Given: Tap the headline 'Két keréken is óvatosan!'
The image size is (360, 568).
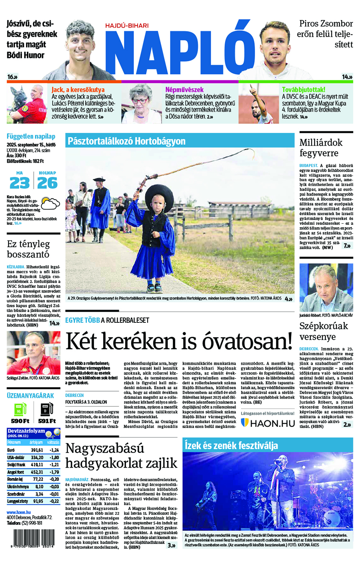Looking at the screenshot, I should pyautogui.click(x=179, y=341).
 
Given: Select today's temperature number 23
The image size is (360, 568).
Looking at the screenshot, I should pyautogui.click(x=20, y=183).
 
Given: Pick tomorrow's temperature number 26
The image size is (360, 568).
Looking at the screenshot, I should pyautogui.click(x=47, y=183).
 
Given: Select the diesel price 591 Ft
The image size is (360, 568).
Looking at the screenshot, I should pyautogui.click(x=47, y=421).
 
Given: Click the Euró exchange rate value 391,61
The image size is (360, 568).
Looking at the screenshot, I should pyautogui.click(x=37, y=450).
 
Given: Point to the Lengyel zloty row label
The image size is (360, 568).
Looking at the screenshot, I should pyautogui.click(x=18, y=501).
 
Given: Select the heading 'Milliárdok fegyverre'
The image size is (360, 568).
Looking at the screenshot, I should pyautogui.click(x=321, y=148).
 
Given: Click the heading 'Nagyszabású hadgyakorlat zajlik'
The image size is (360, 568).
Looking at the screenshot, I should pyautogui.click(x=121, y=456).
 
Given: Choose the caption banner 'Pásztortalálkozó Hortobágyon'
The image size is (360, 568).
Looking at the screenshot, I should pyautogui.click(x=126, y=141).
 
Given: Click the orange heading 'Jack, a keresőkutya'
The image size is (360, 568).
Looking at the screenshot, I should pyautogui.click(x=78, y=90).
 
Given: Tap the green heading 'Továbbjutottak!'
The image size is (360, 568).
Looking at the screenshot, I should pyautogui.click(x=303, y=90).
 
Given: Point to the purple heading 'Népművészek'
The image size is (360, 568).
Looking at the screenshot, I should pyautogui.click(x=184, y=90).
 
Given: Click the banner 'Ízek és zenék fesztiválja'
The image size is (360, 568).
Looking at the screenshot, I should pyautogui.click(x=231, y=445).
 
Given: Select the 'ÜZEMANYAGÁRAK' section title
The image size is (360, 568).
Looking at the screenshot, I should pyautogui.click(x=30, y=395).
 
